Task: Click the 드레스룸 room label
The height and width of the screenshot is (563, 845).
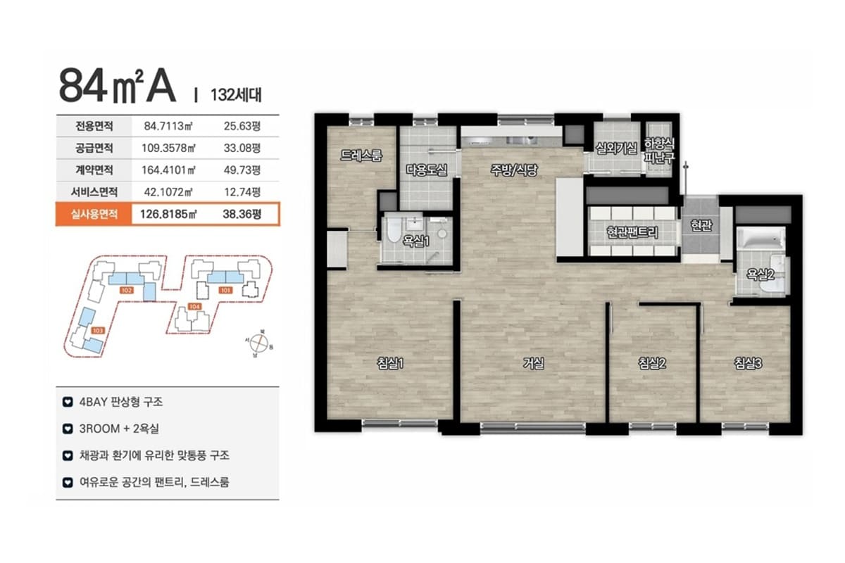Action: pos(361,155)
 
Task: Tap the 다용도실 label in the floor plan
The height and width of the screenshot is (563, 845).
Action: pos(427,170)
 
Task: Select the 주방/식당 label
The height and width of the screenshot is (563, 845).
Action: pos(514,170)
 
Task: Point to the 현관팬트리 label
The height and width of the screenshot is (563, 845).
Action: pos(632,232)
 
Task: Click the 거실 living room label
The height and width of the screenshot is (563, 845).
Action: pos(534,363)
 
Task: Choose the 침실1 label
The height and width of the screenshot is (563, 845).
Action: pos(390,363)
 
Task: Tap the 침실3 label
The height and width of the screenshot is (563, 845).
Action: pos(748,363)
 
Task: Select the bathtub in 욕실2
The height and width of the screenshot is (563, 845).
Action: pos(761,239)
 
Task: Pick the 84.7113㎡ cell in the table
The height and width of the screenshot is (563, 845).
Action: pos(168,126)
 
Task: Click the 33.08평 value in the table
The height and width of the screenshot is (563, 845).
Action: pos(242,148)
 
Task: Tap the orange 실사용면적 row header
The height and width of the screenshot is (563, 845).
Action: pos(94,214)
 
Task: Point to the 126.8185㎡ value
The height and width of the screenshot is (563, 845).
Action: pos(168,214)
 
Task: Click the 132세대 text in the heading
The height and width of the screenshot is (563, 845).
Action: pos(236,95)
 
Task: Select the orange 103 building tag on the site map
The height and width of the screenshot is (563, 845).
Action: pos(98,331)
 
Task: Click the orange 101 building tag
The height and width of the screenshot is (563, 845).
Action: pos(225,290)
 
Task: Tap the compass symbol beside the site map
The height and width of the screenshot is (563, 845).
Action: pos(260,343)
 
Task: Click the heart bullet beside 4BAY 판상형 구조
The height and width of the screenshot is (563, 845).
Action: pos(68,402)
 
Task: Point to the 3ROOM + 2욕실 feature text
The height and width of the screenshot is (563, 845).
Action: pos(119,429)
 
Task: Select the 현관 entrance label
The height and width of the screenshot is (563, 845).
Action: pos(701,225)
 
